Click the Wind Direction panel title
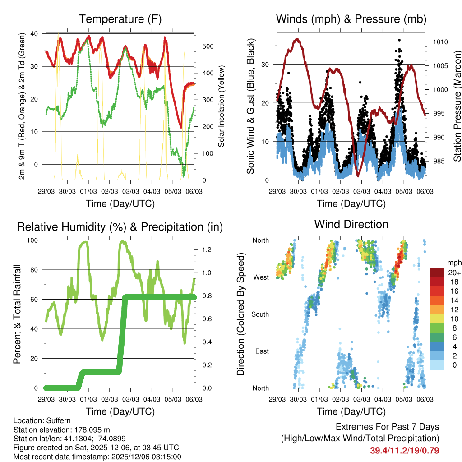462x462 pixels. (351, 224)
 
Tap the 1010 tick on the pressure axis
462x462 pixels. (440, 42)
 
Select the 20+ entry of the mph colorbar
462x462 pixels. (454, 272)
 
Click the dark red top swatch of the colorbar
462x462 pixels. (437, 273)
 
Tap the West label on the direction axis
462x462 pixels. (261, 277)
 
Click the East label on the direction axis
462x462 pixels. (262, 351)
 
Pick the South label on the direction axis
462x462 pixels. (260, 314)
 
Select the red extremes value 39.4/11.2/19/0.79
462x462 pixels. (404, 450)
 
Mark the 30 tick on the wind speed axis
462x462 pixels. (266, 64)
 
